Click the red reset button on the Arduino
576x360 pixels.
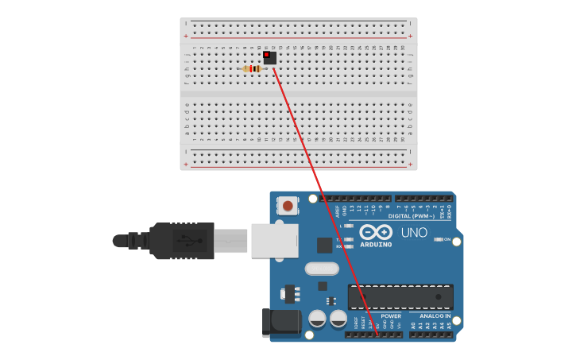[x=287, y=206]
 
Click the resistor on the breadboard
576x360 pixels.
[x=253, y=69]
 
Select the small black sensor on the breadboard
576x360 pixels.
[x=270, y=57]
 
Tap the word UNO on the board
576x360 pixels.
[x=415, y=233]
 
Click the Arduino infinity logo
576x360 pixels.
[x=376, y=232]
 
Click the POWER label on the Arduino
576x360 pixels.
[x=390, y=315]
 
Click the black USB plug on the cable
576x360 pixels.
[x=182, y=240]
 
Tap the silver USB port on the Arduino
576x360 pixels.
[x=274, y=240]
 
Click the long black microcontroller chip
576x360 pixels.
[x=400, y=297]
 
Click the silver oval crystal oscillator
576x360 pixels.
[x=321, y=269]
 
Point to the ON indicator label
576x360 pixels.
[x=446, y=239]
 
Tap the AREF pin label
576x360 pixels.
[x=338, y=212]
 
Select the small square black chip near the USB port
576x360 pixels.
[x=324, y=245]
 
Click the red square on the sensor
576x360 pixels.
[x=266, y=54]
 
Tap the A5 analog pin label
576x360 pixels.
[x=449, y=325]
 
